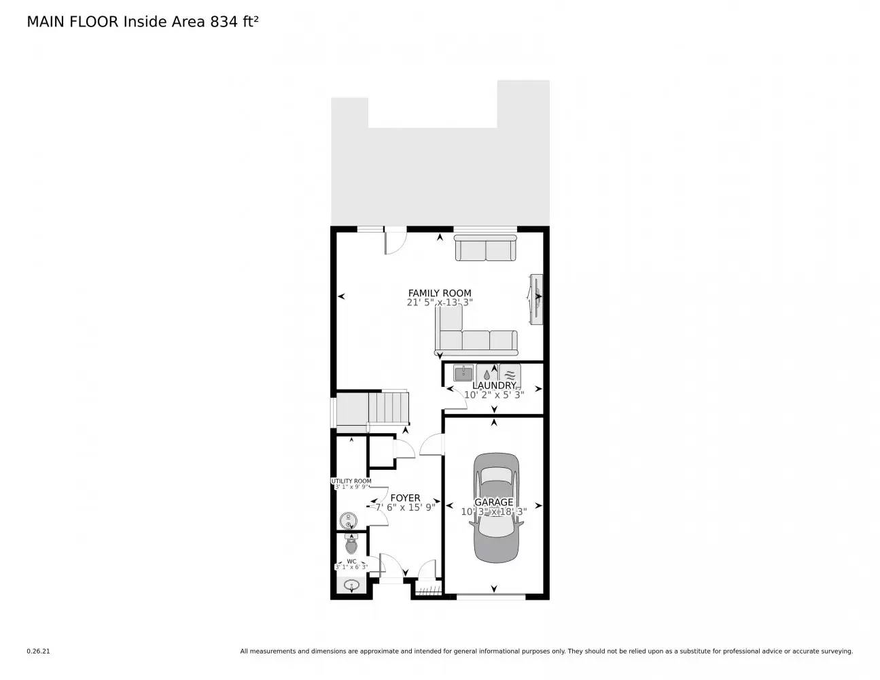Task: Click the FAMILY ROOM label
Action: [440, 293]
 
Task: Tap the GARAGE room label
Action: [494, 502]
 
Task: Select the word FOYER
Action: [405, 498]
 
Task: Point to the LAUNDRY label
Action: [494, 386]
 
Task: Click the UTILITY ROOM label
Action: [351, 481]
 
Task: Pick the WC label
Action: [351, 561]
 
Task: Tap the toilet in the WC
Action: [351, 544]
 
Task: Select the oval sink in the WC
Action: [351, 584]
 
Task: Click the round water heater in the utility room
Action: [348, 521]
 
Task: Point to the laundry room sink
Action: [463, 373]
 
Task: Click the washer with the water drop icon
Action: [487, 373]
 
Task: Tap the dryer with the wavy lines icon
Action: [510, 373]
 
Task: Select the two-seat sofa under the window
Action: [485, 249]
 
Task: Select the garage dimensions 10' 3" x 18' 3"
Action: [494, 512]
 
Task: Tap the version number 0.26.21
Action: [38, 651]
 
